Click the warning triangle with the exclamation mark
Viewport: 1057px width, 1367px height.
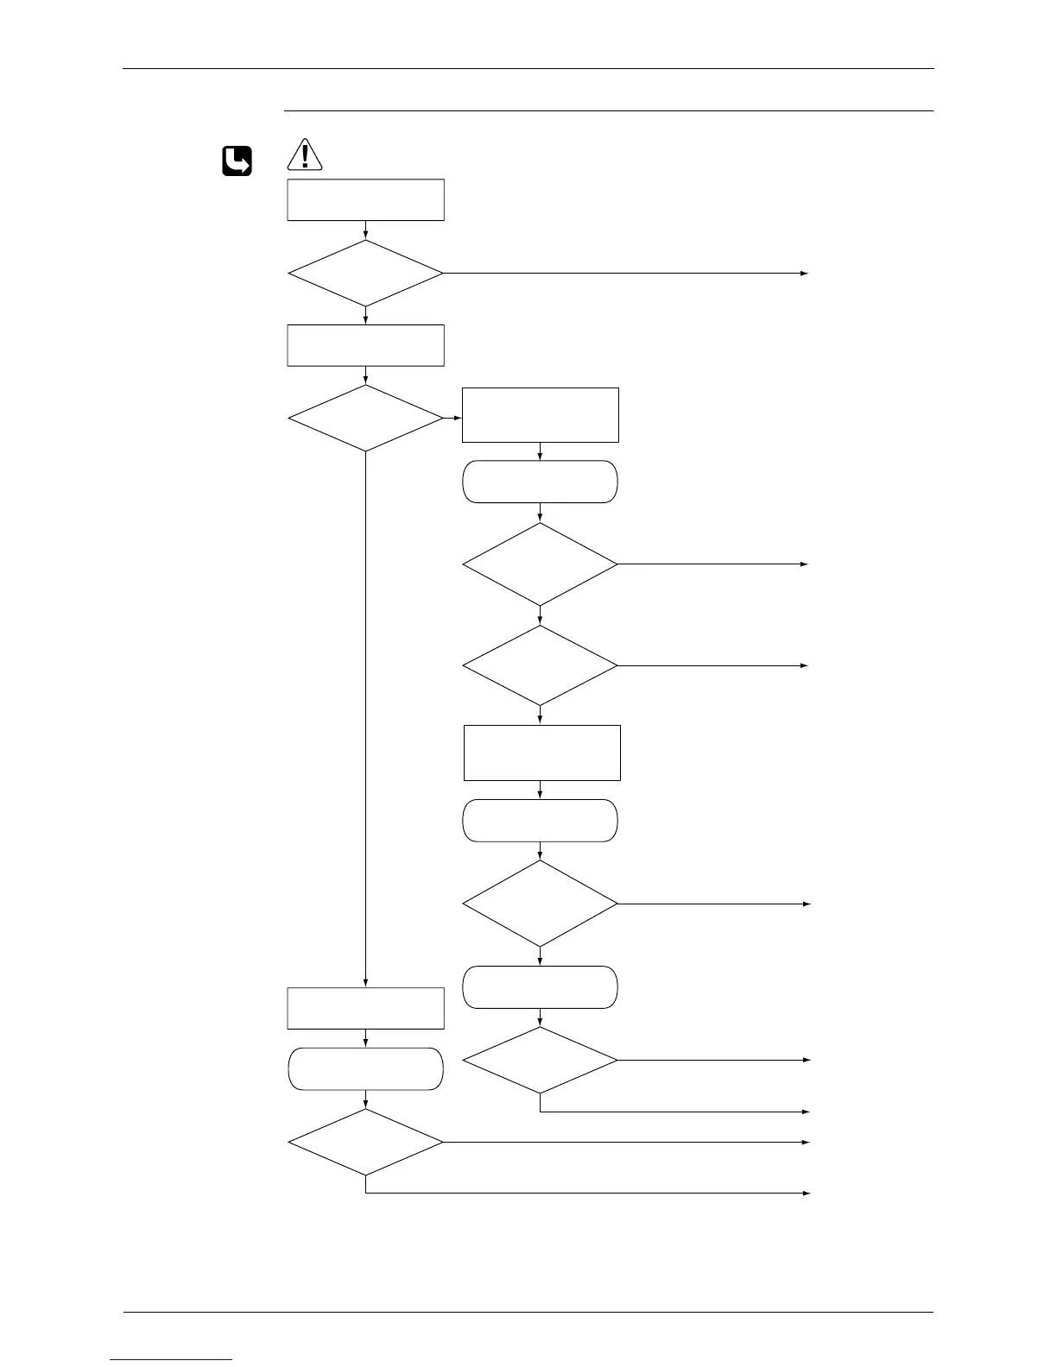(x=305, y=155)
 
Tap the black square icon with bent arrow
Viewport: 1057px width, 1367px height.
(x=237, y=161)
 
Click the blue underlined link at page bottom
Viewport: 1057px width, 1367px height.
(x=171, y=1360)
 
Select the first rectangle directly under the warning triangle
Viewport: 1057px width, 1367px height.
(x=365, y=200)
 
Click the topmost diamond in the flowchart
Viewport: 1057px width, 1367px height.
(x=365, y=273)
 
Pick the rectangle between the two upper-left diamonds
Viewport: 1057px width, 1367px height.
(x=365, y=345)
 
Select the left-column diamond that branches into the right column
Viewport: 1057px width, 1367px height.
(x=365, y=419)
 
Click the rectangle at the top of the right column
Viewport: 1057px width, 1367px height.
(x=541, y=415)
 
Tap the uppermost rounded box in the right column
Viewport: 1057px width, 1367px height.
(x=541, y=482)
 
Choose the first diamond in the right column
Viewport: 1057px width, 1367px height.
(x=541, y=564)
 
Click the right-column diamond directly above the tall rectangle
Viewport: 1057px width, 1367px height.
(x=541, y=665)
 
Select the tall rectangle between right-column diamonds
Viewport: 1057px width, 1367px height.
(x=542, y=753)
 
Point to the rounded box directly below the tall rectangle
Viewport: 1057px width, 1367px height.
(x=541, y=820)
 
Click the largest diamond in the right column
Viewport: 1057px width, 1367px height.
(x=541, y=904)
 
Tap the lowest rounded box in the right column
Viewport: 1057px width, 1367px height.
(x=541, y=987)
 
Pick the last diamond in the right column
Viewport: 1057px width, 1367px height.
(x=541, y=1060)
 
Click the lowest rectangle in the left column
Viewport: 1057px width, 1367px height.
(x=365, y=1008)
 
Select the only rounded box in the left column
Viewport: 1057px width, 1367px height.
(x=365, y=1069)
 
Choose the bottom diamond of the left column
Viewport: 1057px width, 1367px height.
(x=365, y=1142)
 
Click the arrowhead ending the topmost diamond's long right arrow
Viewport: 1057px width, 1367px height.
(x=805, y=273)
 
